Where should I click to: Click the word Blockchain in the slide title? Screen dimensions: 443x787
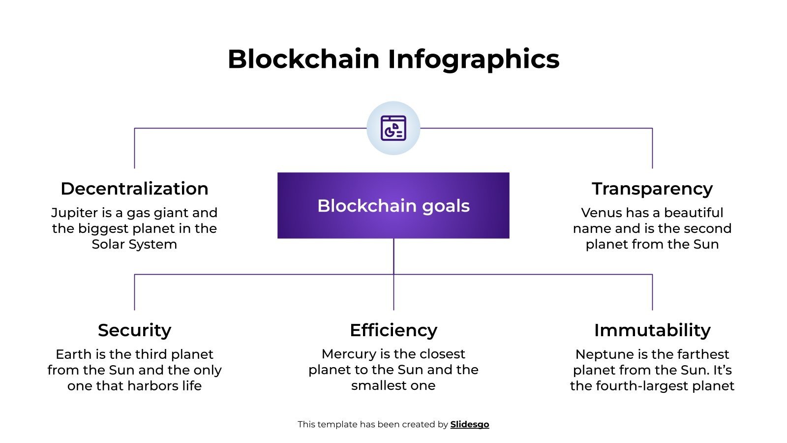[x=303, y=59]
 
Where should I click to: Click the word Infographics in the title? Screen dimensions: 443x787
[x=473, y=59]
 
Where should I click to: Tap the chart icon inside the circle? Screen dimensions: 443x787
[x=393, y=128]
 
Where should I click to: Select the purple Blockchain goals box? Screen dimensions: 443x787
[x=393, y=206]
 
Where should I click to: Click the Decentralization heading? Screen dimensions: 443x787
[x=134, y=189]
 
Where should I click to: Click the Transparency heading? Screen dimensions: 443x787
[x=652, y=189]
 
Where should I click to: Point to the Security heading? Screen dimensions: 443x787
[x=134, y=330]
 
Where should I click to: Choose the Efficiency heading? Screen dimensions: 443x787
[x=393, y=330]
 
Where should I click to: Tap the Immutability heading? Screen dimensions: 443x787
[x=652, y=330]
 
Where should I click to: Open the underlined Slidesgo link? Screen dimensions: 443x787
[x=469, y=424]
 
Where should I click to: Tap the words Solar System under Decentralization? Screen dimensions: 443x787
[x=134, y=244]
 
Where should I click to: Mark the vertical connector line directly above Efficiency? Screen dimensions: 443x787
[x=393, y=292]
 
